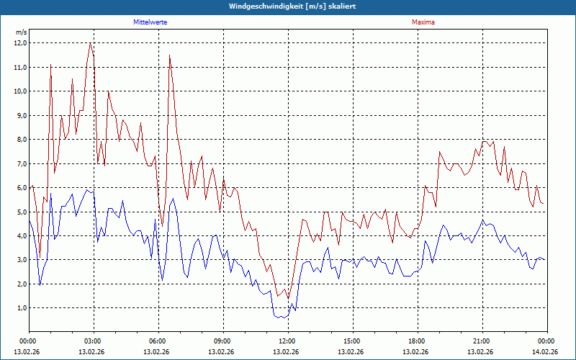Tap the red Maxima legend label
423,22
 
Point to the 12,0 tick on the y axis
20,43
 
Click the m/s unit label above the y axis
21,33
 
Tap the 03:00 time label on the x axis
93,341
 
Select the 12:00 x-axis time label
287,341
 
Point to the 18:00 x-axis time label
416,341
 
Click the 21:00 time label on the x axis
481,341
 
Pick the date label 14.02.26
546,351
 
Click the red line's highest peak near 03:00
90,43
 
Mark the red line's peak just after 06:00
170,55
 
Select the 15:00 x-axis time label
351,341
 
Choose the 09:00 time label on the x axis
222,341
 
